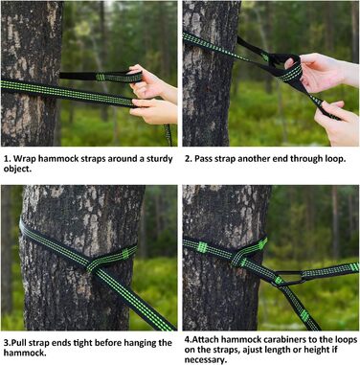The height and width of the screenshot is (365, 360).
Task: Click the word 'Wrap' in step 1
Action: click(x=24, y=159)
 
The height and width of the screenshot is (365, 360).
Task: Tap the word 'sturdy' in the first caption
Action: click(x=160, y=159)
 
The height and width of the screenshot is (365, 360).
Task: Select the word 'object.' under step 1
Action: click(x=17, y=170)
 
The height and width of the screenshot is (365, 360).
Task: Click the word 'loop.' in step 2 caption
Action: click(x=335, y=159)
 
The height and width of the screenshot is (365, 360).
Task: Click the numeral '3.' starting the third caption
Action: click(x=8, y=343)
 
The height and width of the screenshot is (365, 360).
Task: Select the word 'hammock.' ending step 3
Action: click(x=25, y=354)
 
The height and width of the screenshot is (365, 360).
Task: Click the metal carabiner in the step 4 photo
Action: click(x=288, y=277)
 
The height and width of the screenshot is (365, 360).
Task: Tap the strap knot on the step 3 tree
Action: click(x=93, y=265)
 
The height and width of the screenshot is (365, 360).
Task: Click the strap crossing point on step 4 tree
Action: click(x=236, y=258)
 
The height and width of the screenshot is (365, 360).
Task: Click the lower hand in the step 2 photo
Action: click(x=336, y=123)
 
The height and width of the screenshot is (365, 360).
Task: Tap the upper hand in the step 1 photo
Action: click(x=152, y=83)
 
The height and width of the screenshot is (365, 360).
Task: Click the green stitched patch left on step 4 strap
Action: click(x=202, y=247)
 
